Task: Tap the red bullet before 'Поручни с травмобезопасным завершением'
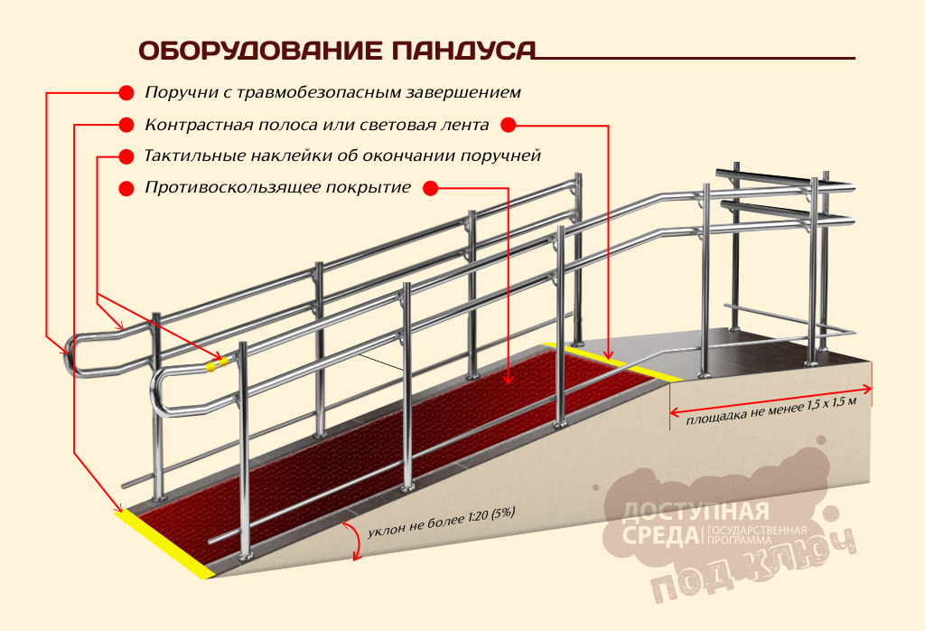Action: point(126,93)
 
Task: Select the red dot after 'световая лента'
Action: point(508,125)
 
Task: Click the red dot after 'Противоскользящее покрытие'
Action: point(430,188)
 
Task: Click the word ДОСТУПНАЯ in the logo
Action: point(696,512)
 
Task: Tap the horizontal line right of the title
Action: point(696,59)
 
